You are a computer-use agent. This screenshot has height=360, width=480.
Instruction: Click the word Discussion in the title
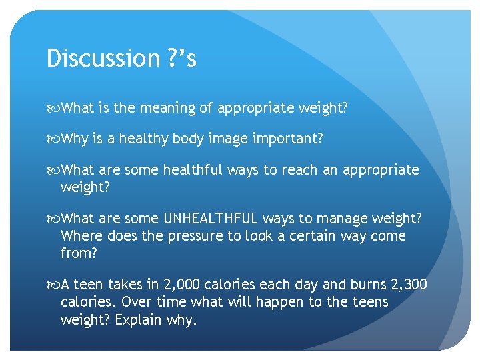(x=93, y=59)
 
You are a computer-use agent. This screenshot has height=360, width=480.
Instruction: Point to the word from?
(x=79, y=253)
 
